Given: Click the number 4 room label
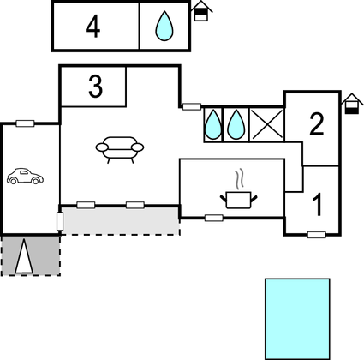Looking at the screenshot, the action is tap(93, 27).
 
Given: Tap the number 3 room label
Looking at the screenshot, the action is tap(95, 87).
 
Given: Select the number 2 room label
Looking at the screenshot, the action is tap(317, 124).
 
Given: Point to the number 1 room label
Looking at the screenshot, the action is tap(317, 205).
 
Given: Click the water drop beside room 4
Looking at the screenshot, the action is tap(164, 26).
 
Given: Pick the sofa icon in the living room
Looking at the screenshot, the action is tap(120, 149).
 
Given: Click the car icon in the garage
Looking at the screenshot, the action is tap(25, 176).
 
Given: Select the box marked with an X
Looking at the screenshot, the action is tap(267, 124).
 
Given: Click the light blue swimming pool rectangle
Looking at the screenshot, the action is tap(297, 319).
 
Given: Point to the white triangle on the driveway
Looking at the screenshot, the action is tap(24, 256).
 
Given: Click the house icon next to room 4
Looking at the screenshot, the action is tap(201, 11).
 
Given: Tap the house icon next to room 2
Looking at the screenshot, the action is tap(352, 104).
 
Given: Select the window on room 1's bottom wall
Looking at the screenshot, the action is tap(317, 235).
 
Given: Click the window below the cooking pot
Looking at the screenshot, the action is tap(214, 218).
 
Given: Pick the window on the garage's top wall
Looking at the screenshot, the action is tap(25, 123).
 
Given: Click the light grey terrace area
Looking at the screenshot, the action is tap(121, 221).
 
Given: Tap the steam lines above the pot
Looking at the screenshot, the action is tap(240, 178).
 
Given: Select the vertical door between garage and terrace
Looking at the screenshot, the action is tap(60, 221).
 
